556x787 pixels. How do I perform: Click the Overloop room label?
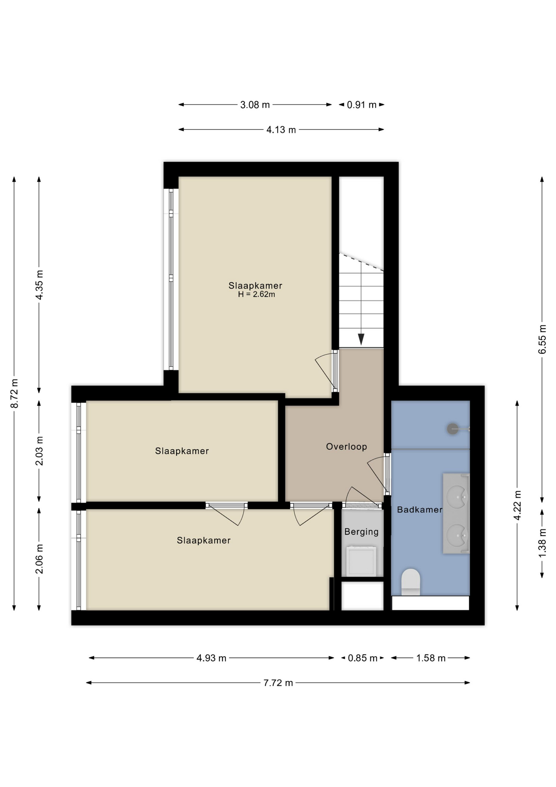(346, 447)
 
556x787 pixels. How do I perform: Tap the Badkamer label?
(419, 510)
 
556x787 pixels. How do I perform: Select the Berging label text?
(361, 532)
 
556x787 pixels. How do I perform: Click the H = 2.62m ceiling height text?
(256, 294)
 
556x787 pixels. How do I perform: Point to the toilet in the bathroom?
(411, 581)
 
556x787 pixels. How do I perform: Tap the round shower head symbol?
(452, 429)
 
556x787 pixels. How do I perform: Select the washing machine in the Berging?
(361, 561)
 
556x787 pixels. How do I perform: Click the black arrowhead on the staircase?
(361, 339)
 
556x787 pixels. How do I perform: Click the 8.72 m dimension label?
(14, 393)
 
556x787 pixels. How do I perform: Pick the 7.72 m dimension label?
(278, 683)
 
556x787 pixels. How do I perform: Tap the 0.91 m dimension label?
(362, 105)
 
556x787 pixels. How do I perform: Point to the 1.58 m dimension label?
(431, 658)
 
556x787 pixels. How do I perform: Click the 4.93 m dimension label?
(211, 658)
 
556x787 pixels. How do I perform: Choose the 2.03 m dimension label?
(39, 451)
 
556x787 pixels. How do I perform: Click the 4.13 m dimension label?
(281, 130)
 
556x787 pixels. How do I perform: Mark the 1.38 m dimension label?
(542, 543)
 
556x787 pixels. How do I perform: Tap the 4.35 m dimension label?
(39, 285)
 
